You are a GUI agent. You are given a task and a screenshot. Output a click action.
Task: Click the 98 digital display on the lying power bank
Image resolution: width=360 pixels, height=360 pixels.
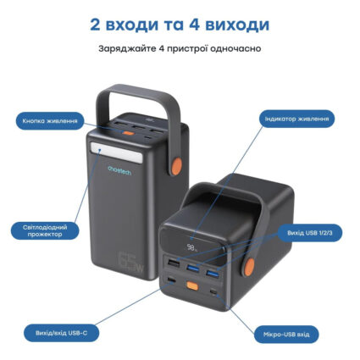[194, 250]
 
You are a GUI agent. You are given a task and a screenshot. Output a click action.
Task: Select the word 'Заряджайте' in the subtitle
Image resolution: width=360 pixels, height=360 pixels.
[125, 49]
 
